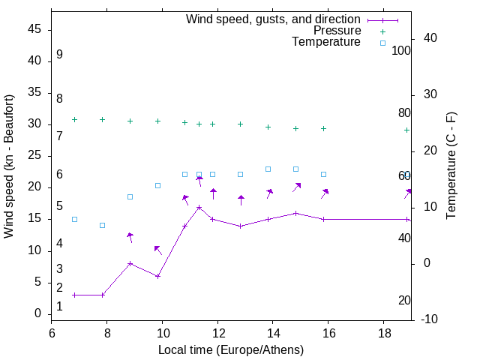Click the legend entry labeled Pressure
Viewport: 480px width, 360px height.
pyautogui.click(x=337, y=31)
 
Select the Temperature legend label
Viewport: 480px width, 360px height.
pyautogui.click(x=326, y=43)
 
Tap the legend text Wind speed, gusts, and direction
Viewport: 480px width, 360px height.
pyautogui.click(x=273, y=19)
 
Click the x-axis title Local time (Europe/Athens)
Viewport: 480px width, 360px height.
pyautogui.click(x=231, y=350)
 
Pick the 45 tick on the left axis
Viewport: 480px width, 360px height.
pyautogui.click(x=34, y=30)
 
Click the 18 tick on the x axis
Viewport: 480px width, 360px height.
pyautogui.click(x=383, y=332)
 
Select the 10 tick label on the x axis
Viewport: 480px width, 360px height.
pyautogui.click(x=162, y=332)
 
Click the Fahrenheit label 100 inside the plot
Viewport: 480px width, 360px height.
pyautogui.click(x=401, y=51)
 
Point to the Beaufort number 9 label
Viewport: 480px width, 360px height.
pyautogui.click(x=59, y=55)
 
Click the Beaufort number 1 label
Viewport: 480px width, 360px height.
pyautogui.click(x=59, y=307)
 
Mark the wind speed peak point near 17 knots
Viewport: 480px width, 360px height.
pyautogui.click(x=199, y=207)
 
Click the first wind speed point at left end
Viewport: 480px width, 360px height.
pyautogui.click(x=74, y=295)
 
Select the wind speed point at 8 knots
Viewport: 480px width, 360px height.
pyautogui.click(x=130, y=263)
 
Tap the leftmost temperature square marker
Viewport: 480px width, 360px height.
pyautogui.click(x=74, y=219)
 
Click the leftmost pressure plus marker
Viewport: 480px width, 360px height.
pyautogui.click(x=74, y=119)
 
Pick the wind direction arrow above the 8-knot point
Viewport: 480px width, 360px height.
pyautogui.click(x=130, y=238)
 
